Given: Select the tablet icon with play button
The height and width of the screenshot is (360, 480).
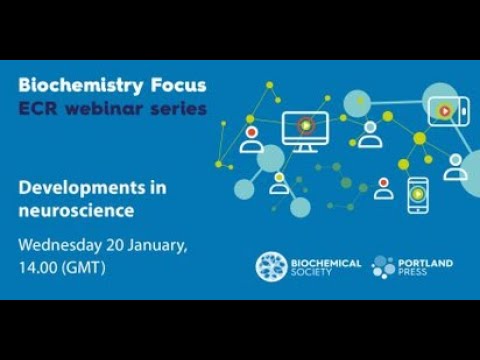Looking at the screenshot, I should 442,109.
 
